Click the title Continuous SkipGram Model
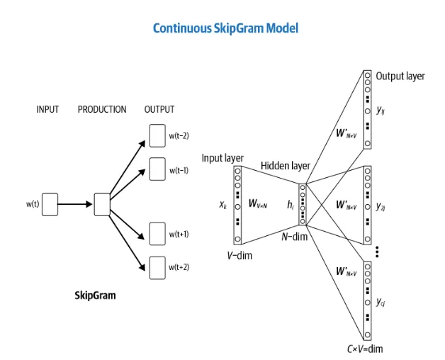(x=225, y=28)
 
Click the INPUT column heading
(x=47, y=109)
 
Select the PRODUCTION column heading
(x=102, y=109)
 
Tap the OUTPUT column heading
(x=159, y=109)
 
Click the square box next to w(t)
(x=50, y=203)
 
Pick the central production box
(x=103, y=203)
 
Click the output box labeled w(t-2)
(x=157, y=135)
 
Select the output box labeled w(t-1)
(x=157, y=169)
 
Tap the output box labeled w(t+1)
(x=157, y=232)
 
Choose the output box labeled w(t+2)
(x=157, y=266)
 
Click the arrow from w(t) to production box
(x=75, y=204)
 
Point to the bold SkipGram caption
(x=96, y=295)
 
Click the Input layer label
(x=223, y=157)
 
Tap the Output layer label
(x=400, y=76)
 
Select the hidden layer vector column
(x=303, y=203)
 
